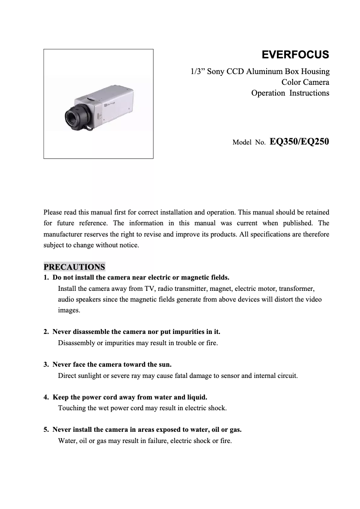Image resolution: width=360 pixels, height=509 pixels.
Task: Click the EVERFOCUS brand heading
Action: pos(295,55)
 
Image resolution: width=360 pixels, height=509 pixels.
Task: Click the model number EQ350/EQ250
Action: pos(299,142)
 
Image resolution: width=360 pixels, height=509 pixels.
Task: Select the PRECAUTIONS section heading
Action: pos(74,267)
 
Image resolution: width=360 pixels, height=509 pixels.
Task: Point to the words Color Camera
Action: pos(305,82)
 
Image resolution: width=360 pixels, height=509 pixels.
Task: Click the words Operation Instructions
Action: pos(290,93)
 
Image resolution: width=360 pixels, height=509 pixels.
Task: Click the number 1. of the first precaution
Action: pos(46,277)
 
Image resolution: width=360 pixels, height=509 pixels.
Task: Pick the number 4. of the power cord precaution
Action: pos(46,397)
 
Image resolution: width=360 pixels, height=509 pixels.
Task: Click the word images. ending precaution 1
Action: pos(69,310)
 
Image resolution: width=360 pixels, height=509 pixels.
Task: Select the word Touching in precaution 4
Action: pos(72,408)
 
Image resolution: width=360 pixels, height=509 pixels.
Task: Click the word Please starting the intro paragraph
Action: pos(54,212)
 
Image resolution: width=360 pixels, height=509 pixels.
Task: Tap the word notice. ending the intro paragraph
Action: pos(129,246)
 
